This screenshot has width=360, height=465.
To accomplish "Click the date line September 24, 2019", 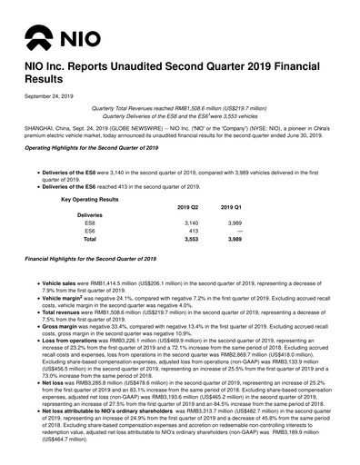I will [x=49, y=96].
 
